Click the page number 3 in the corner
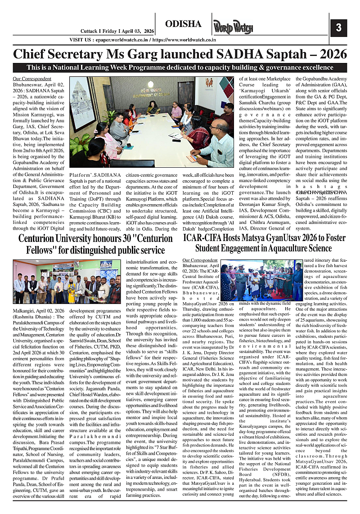[x=338, y=27]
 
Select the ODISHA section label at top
[x=183, y=24]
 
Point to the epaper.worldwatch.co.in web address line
[x=143, y=40]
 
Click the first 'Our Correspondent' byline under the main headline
[x=26, y=79]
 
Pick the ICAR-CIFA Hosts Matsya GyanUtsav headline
[x=264, y=243]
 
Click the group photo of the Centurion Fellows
[x=67, y=282]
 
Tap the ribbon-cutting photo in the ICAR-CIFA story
[x=265, y=280]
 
